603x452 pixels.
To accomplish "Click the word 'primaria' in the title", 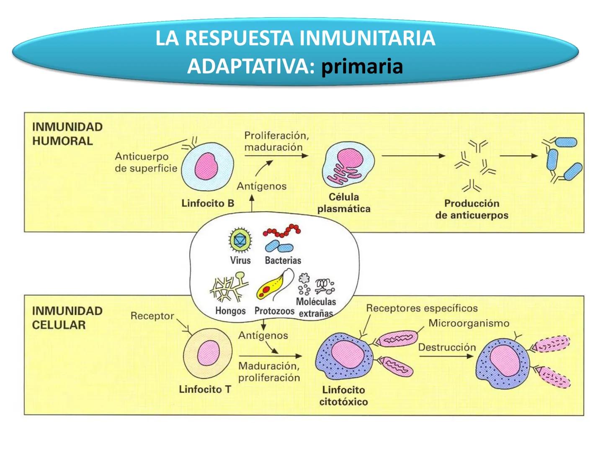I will point(362,66).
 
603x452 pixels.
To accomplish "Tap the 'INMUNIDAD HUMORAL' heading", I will point(67,134).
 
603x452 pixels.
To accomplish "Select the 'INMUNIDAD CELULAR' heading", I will point(67,318).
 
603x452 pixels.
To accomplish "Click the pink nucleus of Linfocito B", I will point(206,167).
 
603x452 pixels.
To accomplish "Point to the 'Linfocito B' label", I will point(207,203).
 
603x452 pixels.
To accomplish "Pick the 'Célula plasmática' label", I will point(344,203).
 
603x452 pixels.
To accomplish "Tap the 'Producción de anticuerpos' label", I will point(472,209).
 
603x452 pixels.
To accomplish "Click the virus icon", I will point(240,240).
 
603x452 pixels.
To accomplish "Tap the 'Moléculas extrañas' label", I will point(316,307).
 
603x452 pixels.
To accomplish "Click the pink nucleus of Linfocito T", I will point(209,352).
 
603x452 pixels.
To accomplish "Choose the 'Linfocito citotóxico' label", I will point(343,395).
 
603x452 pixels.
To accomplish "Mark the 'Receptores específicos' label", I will point(422,308).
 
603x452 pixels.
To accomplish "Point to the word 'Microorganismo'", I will point(469,323).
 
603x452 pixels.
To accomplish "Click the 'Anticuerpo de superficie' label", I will point(146,162).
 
